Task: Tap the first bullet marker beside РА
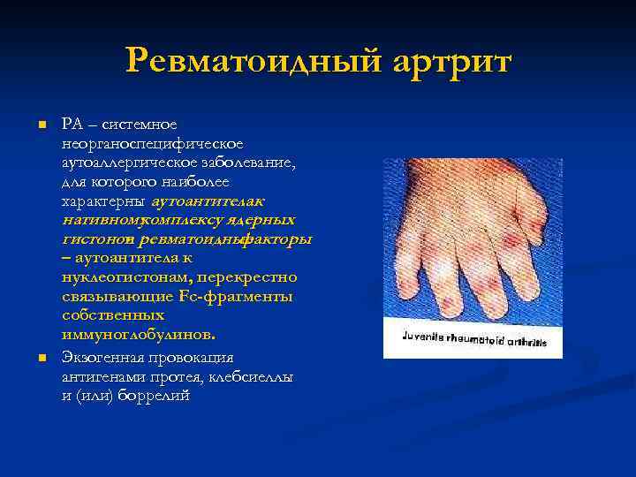coord(41,126)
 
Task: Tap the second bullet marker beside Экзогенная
coord(41,358)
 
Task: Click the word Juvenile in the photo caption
coord(424,337)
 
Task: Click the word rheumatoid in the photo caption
coord(474,339)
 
